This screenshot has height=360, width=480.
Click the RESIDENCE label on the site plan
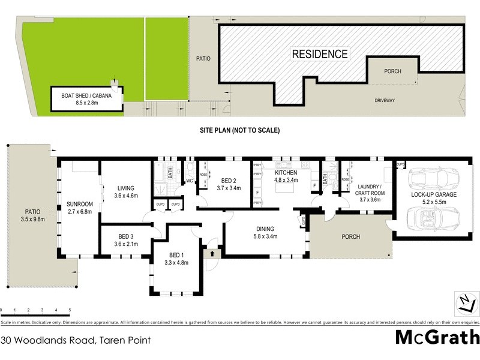(320, 54)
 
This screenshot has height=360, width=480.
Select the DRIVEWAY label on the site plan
(385, 100)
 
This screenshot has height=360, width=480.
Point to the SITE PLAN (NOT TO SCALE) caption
(240, 130)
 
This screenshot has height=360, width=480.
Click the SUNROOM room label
(80, 207)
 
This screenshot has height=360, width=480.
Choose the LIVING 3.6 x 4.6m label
(126, 192)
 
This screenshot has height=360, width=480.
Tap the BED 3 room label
(126, 240)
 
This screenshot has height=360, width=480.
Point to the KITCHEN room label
(286, 176)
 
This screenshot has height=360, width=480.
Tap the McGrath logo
(437, 337)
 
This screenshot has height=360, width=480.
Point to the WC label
(189, 180)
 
